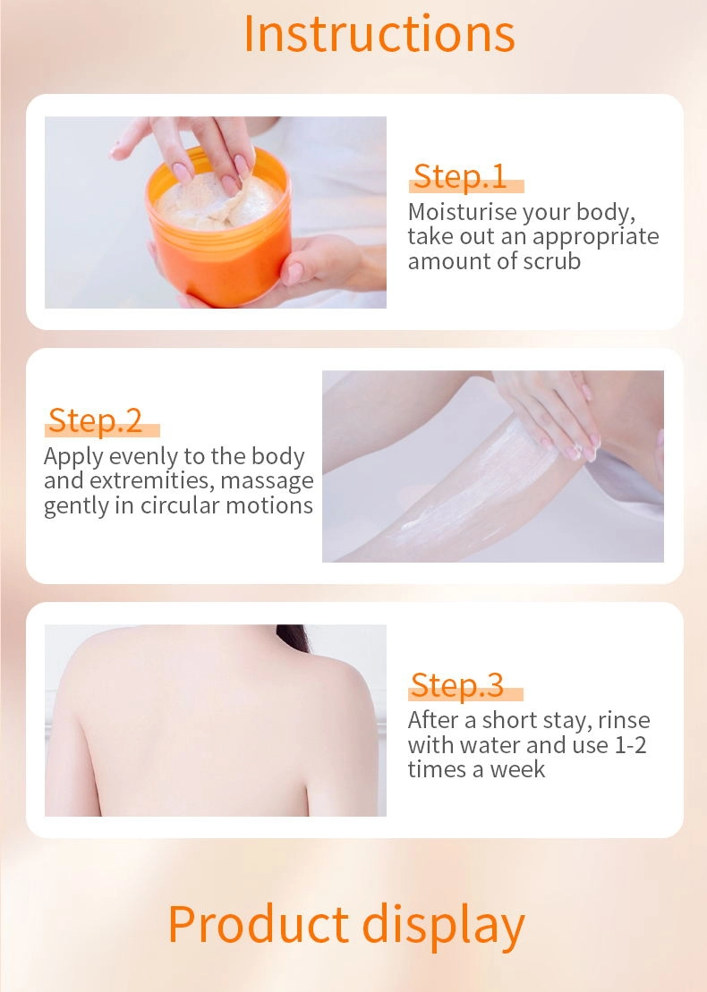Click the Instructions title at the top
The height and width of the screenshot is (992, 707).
(379, 34)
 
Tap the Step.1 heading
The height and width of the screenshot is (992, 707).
(460, 176)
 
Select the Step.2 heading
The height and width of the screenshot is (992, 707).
(96, 420)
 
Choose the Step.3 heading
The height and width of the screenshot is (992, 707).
(457, 684)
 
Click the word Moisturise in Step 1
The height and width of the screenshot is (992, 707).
(462, 211)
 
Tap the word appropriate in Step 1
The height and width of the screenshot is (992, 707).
(595, 237)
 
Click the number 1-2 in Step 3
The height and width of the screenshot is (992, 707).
(630, 744)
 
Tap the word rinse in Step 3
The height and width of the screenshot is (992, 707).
(624, 720)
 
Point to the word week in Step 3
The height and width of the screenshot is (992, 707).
(517, 769)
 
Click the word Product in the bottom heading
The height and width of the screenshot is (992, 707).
(259, 924)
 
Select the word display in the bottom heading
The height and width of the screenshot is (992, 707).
(443, 927)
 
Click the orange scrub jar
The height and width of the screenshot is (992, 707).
(219, 241)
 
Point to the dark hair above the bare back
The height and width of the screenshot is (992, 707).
(293, 637)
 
